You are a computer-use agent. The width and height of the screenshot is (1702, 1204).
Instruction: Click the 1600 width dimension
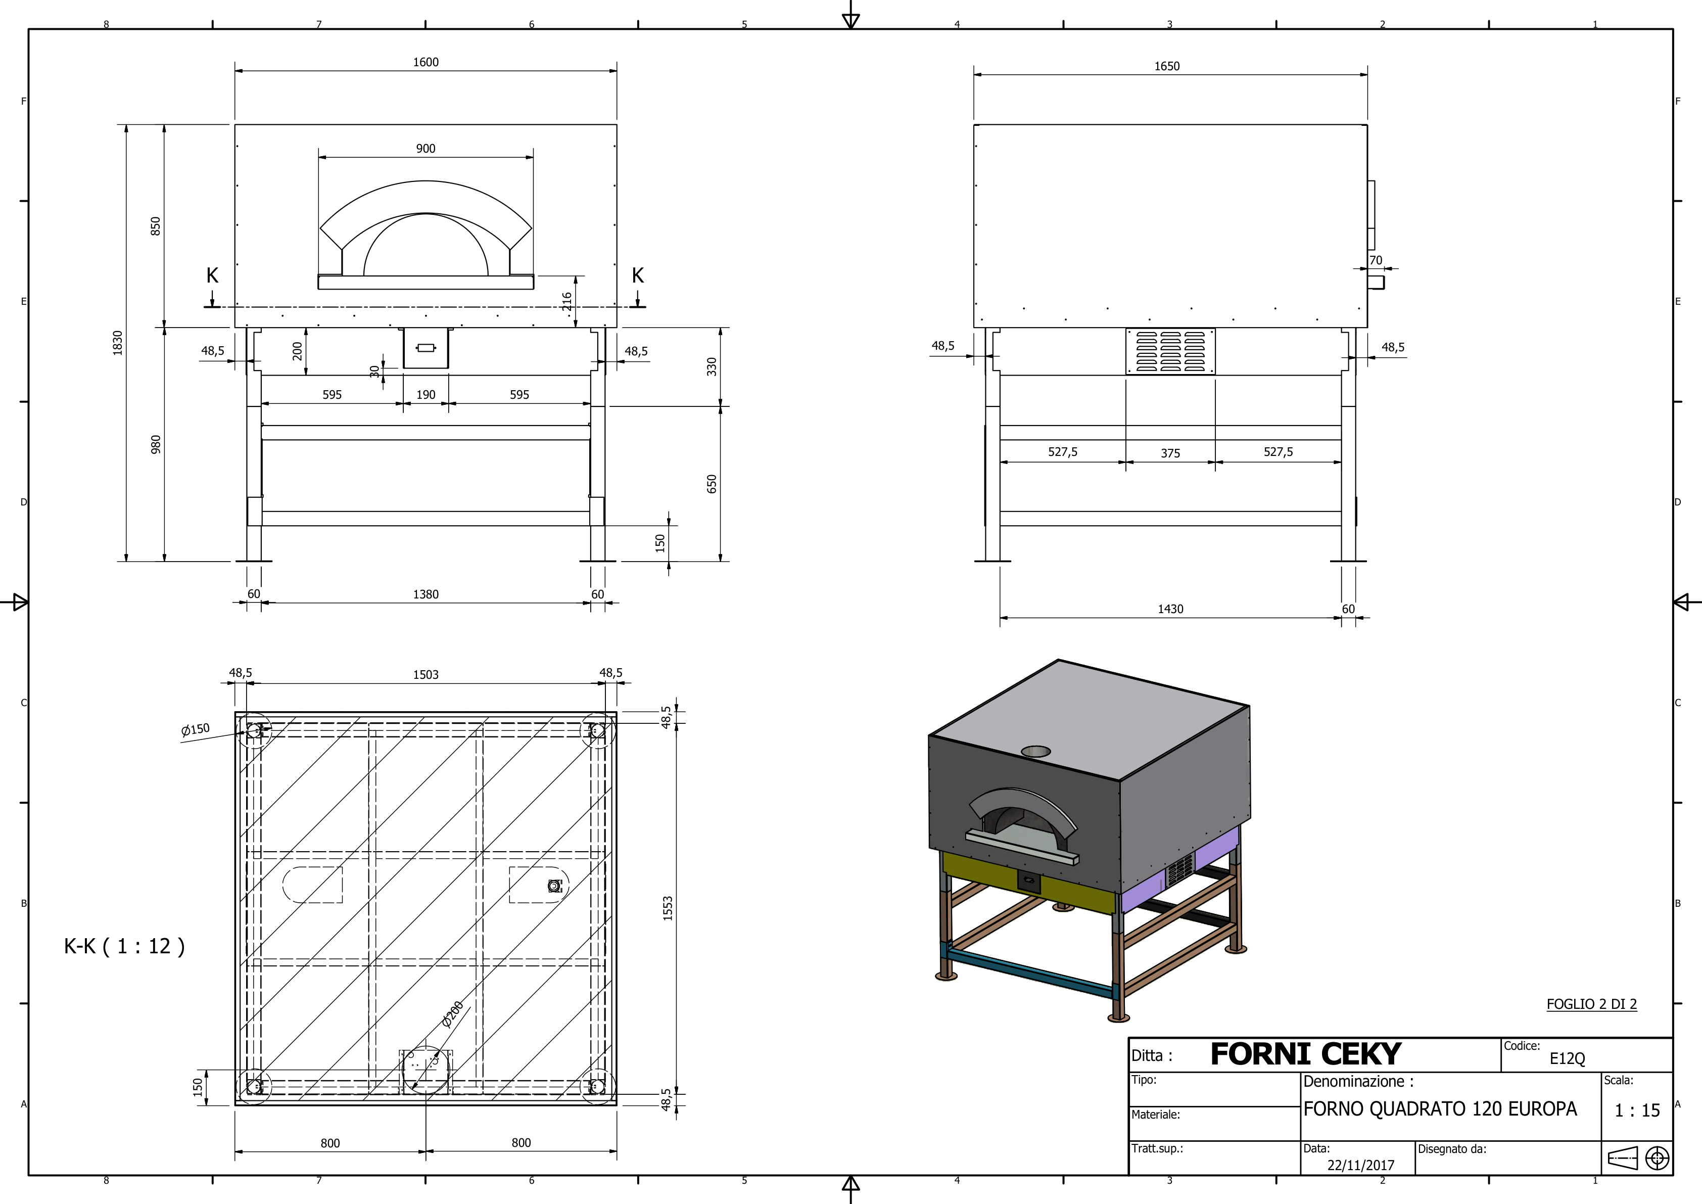(x=425, y=62)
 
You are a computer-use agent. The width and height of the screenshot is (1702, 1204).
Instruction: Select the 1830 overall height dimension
(x=117, y=343)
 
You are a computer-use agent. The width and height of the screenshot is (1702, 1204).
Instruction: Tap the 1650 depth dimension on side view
(x=1167, y=67)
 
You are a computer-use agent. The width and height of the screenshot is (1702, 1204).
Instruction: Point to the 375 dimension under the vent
(x=1170, y=453)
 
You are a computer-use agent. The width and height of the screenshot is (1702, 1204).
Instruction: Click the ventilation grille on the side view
(x=1170, y=351)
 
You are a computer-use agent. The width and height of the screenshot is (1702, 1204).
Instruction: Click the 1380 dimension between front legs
(x=425, y=594)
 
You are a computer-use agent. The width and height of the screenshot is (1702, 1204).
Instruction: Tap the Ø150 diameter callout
(x=195, y=729)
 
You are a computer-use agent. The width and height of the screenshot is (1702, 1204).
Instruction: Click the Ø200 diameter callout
(x=452, y=1014)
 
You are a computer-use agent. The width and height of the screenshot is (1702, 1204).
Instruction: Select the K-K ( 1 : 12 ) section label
(x=124, y=946)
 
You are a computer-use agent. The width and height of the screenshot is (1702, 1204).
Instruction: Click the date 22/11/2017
(x=1360, y=1165)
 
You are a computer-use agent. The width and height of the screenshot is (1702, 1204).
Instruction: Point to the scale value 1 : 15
(x=1637, y=1110)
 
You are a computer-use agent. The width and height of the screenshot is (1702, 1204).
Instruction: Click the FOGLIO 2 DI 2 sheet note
(x=1591, y=1004)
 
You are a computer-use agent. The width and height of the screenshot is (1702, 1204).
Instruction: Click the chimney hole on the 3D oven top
(x=1035, y=751)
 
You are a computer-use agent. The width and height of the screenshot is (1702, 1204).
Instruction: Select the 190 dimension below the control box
(x=425, y=394)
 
